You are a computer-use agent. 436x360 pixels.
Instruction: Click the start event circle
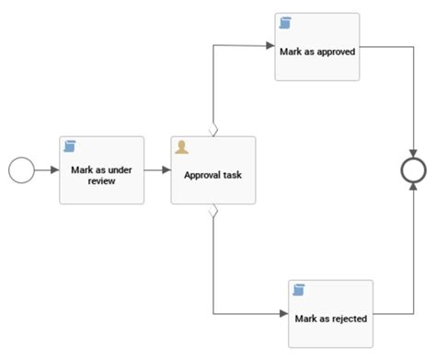20,170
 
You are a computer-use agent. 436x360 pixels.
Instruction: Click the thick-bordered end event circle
415,170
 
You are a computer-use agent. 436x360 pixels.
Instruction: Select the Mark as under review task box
102,170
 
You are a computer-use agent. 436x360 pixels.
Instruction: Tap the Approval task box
212,170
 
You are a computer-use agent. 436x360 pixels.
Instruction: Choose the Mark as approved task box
316,46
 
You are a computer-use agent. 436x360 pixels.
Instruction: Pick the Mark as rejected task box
330,313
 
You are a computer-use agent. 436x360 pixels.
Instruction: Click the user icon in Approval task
182,147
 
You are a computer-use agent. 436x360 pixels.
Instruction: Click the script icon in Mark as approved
285,23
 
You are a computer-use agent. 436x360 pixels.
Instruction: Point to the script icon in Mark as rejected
299,291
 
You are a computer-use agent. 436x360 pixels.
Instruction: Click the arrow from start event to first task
46,170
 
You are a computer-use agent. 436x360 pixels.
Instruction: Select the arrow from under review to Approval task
157,170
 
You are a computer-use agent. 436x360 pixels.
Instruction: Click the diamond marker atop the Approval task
213,131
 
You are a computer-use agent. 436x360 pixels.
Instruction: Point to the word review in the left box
102,181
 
